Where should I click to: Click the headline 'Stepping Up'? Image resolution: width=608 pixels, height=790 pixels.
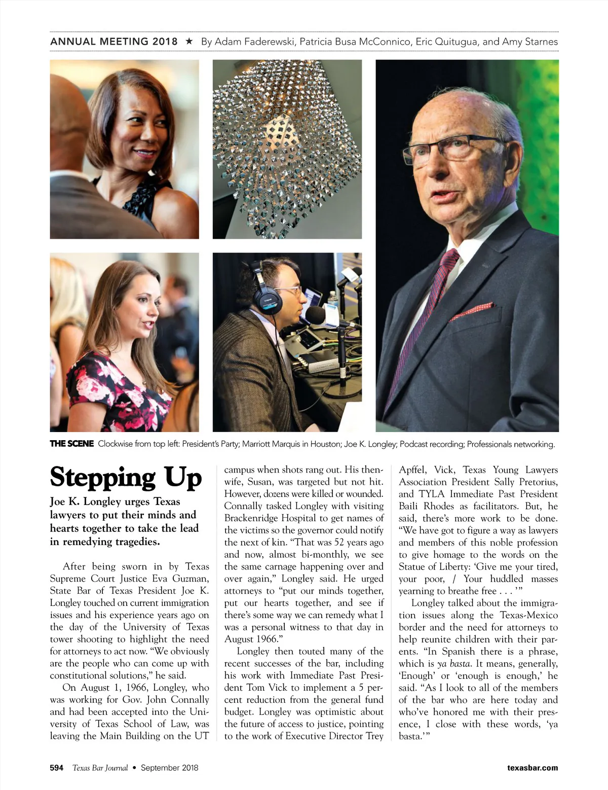[x=126, y=478]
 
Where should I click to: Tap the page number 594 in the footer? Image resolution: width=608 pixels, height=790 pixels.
[x=57, y=768]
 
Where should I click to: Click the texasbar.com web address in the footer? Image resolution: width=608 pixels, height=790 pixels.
[x=533, y=768]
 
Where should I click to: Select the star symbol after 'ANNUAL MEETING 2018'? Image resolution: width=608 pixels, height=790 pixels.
[x=189, y=41]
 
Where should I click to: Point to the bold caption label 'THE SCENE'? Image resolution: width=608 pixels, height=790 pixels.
[x=72, y=444]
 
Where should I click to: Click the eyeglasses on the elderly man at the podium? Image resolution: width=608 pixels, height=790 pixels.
[x=446, y=147]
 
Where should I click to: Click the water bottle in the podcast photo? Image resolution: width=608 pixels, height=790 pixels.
[x=332, y=300]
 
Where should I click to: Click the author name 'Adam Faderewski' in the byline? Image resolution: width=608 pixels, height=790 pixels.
[x=254, y=42]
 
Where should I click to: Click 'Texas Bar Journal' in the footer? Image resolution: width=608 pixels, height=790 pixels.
[x=100, y=768]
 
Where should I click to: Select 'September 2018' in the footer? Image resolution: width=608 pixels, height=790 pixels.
[x=170, y=768]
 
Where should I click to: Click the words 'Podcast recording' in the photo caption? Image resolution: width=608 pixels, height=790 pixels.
[x=431, y=444]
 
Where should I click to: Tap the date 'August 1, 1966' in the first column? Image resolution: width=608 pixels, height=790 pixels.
[x=111, y=688]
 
